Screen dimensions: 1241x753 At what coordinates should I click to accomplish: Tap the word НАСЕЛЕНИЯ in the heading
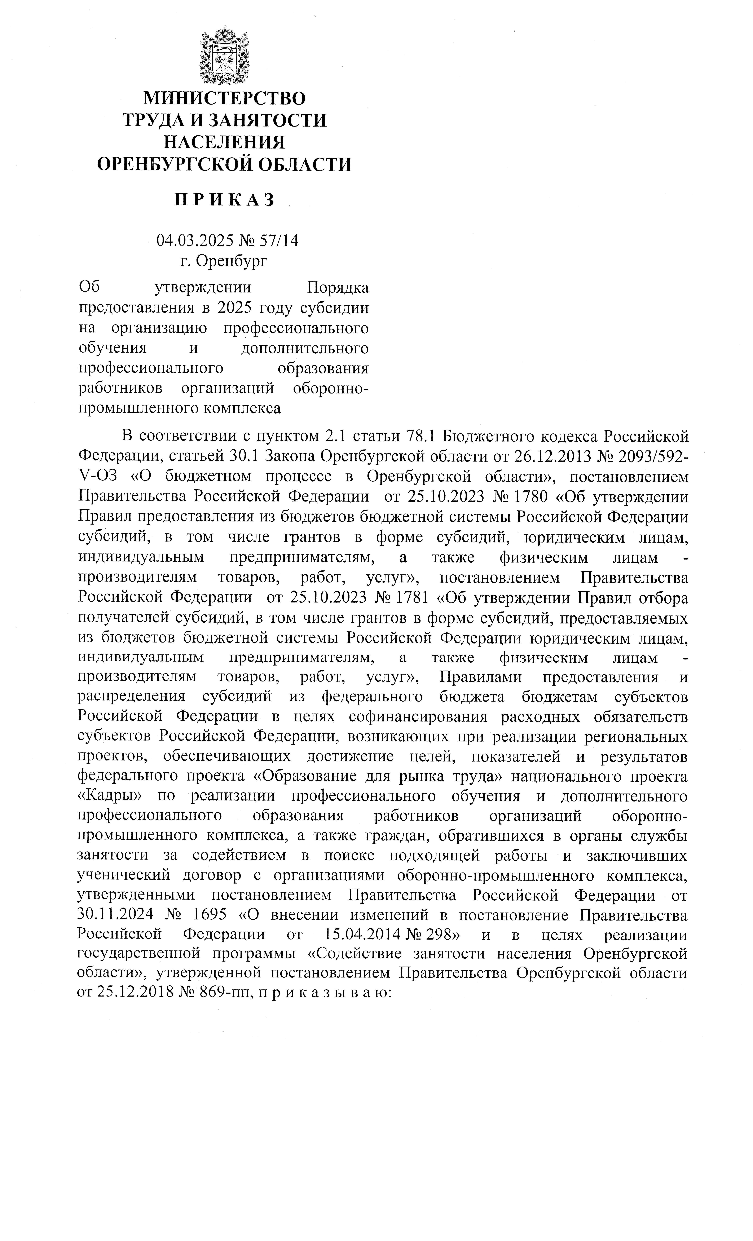(225, 142)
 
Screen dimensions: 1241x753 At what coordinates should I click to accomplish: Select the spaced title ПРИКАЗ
(225, 200)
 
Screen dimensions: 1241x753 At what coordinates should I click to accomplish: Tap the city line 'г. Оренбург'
(225, 261)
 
